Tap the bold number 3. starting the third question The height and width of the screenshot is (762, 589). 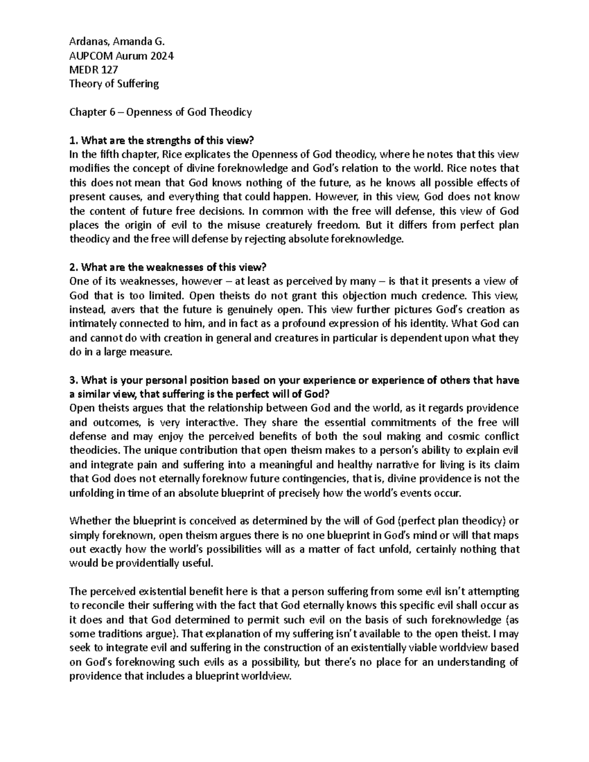(x=74, y=380)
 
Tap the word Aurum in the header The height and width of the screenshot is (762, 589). (x=126, y=56)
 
